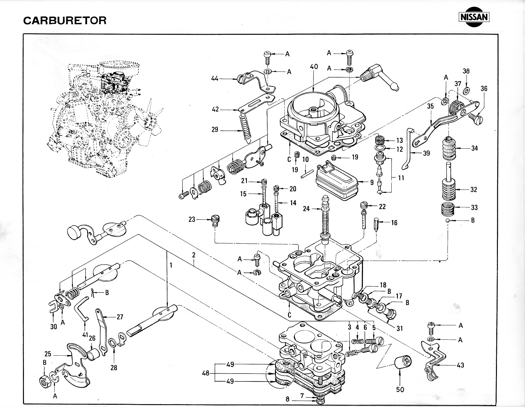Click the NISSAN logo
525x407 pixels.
[473, 17]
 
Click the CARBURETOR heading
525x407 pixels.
[65, 20]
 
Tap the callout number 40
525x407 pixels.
[314, 67]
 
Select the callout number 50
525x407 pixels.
[400, 389]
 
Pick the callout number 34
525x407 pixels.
[474, 148]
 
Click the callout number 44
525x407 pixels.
[215, 78]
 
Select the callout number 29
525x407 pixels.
[215, 130]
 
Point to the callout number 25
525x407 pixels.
[48, 354]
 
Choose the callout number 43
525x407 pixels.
[460, 365]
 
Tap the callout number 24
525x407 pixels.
[306, 209]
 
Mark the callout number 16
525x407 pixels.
[394, 223]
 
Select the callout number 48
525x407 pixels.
[206, 373]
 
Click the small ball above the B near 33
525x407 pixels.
[448, 220]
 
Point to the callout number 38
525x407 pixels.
[466, 71]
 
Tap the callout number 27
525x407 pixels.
[120, 317]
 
